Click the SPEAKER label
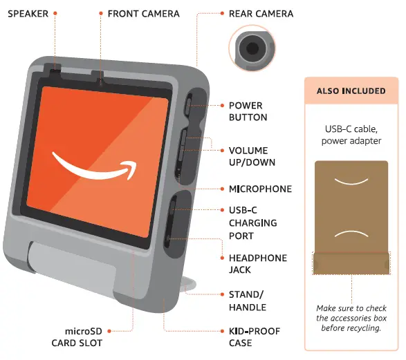28,14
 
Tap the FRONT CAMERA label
144,14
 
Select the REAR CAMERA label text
261,14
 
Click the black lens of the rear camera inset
252,48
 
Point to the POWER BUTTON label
248,111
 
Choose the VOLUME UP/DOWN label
252,156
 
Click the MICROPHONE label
260,189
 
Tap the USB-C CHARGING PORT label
253,223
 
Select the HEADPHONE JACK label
258,264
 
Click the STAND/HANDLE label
248,301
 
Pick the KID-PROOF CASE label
255,337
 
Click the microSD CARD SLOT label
77,337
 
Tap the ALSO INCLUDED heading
351,91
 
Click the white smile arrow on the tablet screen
95,166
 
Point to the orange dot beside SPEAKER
55,13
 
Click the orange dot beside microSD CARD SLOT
109,331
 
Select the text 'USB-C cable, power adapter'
351,135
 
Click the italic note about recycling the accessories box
351,318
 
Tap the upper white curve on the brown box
351,182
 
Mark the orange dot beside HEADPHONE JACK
222,258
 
